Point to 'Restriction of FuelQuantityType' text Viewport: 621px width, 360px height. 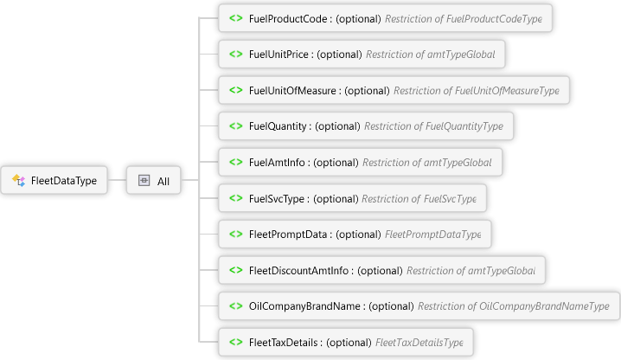[x=433, y=126]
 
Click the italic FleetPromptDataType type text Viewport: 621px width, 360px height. [x=432, y=234]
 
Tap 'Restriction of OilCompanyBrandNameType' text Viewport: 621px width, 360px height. [x=514, y=305]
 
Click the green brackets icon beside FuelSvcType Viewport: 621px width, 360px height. [x=234, y=198]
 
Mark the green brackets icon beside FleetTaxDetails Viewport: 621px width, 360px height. [x=234, y=342]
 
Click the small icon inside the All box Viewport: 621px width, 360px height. [x=144, y=181]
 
